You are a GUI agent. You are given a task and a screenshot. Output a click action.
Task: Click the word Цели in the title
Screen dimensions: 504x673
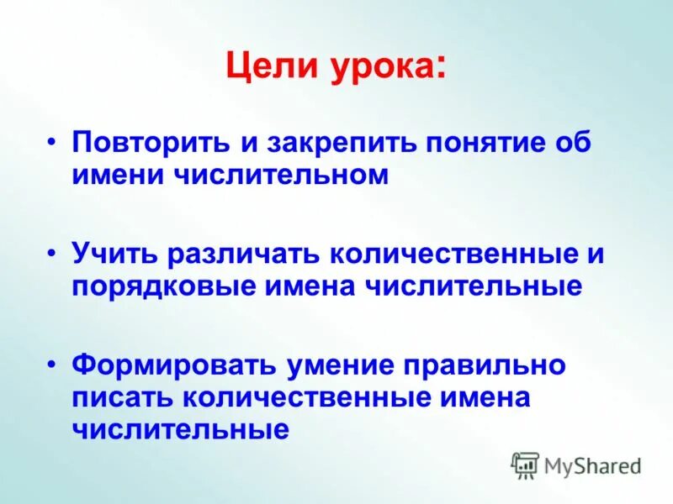(x=264, y=66)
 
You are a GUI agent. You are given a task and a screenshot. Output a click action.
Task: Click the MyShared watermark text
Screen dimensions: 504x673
(x=593, y=465)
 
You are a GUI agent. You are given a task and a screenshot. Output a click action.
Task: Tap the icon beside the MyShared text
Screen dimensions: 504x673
(x=525, y=465)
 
